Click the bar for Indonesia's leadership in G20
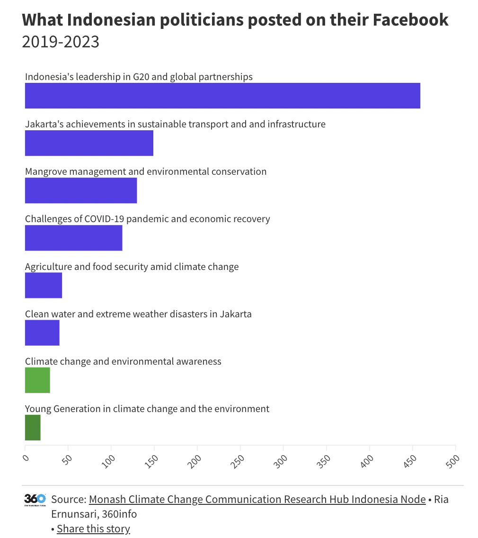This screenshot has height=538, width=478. coord(222,96)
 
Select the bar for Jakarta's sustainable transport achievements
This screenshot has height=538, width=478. coord(89,143)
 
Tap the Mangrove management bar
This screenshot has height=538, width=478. coord(81,190)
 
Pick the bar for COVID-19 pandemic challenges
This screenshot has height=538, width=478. coord(73,238)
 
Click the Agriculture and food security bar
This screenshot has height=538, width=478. coord(44,285)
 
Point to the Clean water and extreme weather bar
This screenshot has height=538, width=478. coord(42,332)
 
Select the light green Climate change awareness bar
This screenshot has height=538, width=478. coord(37,380)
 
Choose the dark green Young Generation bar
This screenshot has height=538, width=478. coord(33,427)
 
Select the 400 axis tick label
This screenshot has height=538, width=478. coord(367,460)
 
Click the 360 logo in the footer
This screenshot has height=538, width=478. coord(35,500)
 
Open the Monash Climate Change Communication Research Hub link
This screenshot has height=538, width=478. coord(257,499)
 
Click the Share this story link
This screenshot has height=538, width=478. coord(93,529)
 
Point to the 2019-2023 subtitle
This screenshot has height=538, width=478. coord(61,42)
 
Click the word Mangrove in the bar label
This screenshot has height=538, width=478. coord(46,171)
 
